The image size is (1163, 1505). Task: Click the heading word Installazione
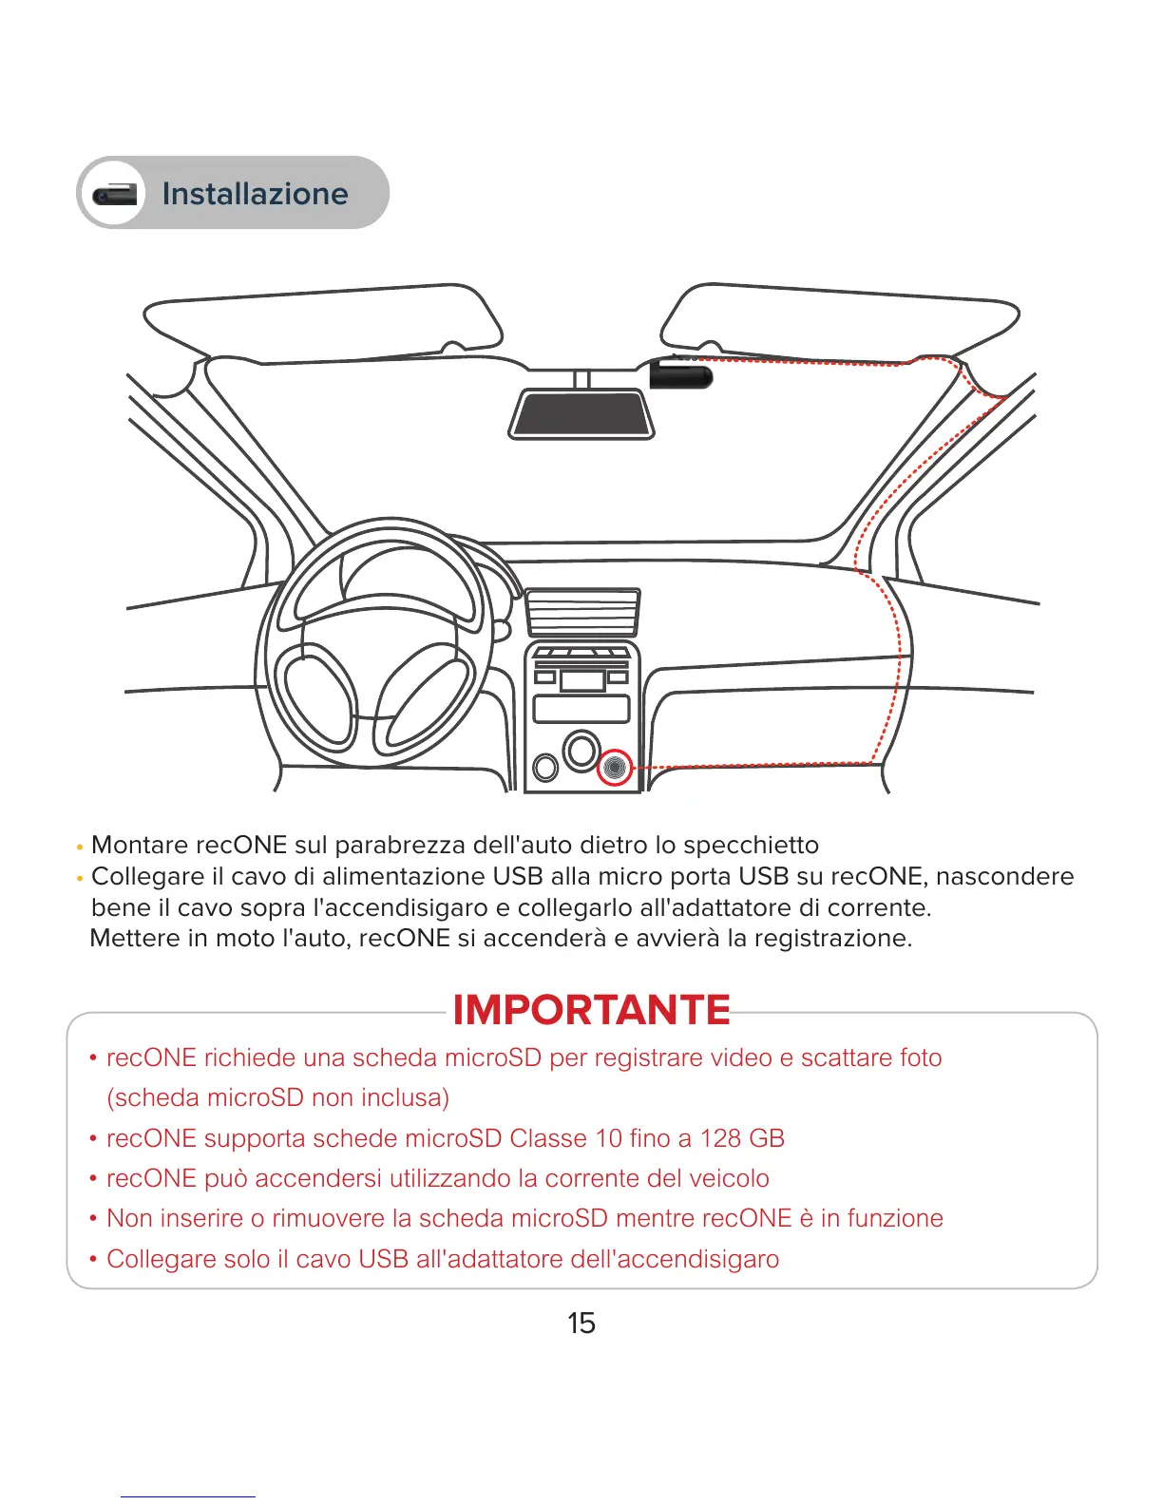[255, 194]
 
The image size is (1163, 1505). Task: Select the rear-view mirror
[581, 414]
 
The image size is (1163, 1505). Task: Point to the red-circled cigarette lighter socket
[615, 766]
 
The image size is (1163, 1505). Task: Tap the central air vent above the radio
[581, 611]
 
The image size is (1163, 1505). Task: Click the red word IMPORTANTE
[591, 1010]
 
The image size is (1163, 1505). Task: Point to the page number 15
[581, 1323]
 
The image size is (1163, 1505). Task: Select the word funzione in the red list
[895, 1218]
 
